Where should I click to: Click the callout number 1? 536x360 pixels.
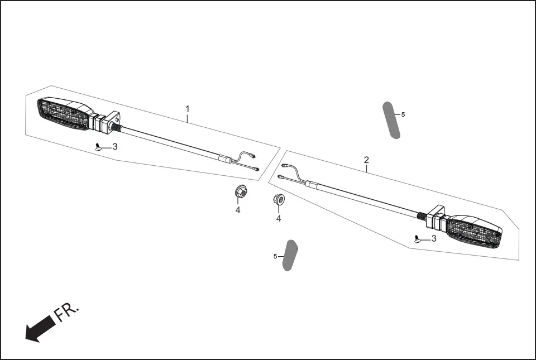pyautogui.click(x=188, y=108)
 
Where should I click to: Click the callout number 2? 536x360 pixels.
pyautogui.click(x=366, y=160)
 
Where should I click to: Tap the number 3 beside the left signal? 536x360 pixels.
pyautogui.click(x=115, y=147)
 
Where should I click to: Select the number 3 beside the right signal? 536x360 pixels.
pyautogui.click(x=434, y=238)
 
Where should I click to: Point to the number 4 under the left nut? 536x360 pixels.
pyautogui.click(x=238, y=210)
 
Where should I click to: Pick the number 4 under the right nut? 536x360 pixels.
pyautogui.click(x=279, y=218)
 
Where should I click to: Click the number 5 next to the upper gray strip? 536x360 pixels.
pyautogui.click(x=403, y=114)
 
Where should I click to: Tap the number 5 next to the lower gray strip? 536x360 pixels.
pyautogui.click(x=275, y=256)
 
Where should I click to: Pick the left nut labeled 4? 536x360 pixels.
pyautogui.click(x=241, y=192)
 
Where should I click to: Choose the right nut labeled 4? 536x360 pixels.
pyautogui.click(x=279, y=199)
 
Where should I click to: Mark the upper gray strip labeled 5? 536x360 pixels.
pyautogui.click(x=391, y=120)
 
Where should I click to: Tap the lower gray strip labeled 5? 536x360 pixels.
pyautogui.click(x=290, y=256)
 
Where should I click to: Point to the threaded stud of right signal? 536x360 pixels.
pyautogui.click(x=422, y=215)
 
